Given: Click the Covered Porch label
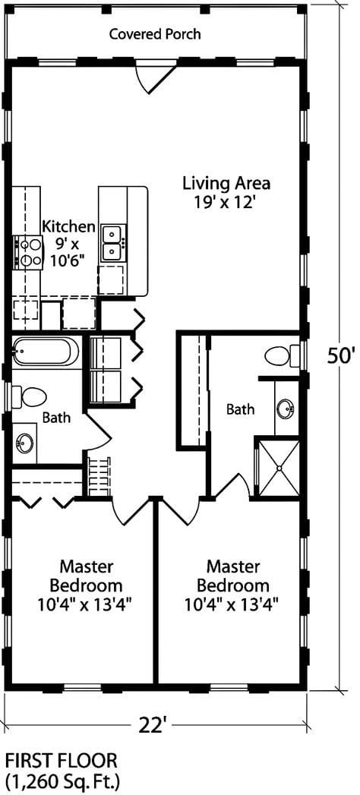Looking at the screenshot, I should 155,34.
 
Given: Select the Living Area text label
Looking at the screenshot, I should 226,183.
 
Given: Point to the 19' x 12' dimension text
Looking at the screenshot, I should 226,202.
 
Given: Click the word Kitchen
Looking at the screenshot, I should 68,226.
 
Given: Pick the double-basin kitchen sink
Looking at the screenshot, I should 112,242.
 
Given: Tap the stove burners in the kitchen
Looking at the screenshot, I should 27,252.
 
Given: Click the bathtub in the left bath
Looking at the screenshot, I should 46,352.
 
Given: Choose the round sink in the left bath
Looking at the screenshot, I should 25,442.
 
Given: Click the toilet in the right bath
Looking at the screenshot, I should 280,355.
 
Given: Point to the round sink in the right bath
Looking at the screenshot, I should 286,409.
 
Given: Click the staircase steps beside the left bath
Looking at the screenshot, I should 99,476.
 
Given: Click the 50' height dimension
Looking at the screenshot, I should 341,355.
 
